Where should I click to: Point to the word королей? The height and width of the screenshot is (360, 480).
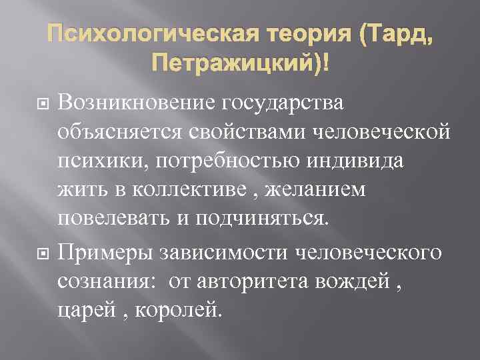[x=179, y=309]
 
